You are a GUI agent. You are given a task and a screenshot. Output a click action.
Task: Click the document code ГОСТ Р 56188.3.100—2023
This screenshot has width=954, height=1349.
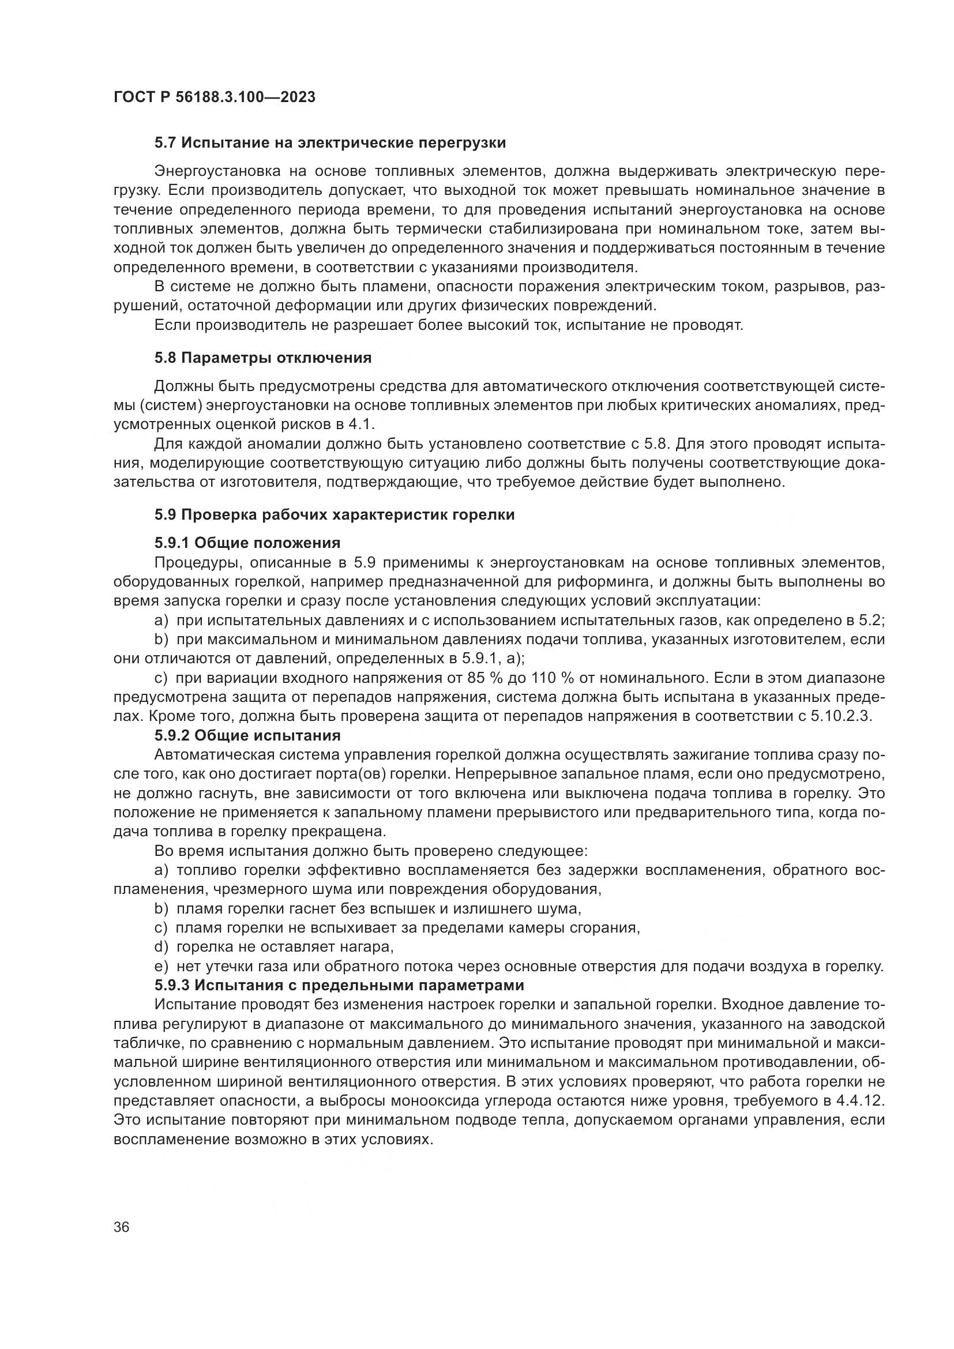click(215, 97)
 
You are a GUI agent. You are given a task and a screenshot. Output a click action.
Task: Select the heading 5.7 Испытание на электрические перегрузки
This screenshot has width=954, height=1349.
click(330, 143)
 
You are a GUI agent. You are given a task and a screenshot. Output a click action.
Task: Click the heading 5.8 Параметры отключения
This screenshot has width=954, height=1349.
click(262, 358)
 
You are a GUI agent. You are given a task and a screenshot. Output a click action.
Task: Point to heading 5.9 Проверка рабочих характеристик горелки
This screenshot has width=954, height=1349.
click(335, 514)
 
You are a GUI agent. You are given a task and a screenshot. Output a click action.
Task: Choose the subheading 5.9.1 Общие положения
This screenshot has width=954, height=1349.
click(247, 542)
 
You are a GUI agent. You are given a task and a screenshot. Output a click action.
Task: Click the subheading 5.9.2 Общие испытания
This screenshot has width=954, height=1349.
click(247, 735)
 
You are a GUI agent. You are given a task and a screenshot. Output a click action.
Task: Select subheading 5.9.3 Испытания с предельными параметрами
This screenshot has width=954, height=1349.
click(339, 984)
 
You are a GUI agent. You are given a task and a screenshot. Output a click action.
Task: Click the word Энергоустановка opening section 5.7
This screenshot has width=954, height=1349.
click(216, 171)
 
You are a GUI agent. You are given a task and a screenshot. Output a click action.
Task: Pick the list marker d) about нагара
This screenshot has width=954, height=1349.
click(161, 946)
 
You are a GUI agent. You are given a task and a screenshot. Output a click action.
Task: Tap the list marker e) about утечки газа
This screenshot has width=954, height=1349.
click(161, 966)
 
